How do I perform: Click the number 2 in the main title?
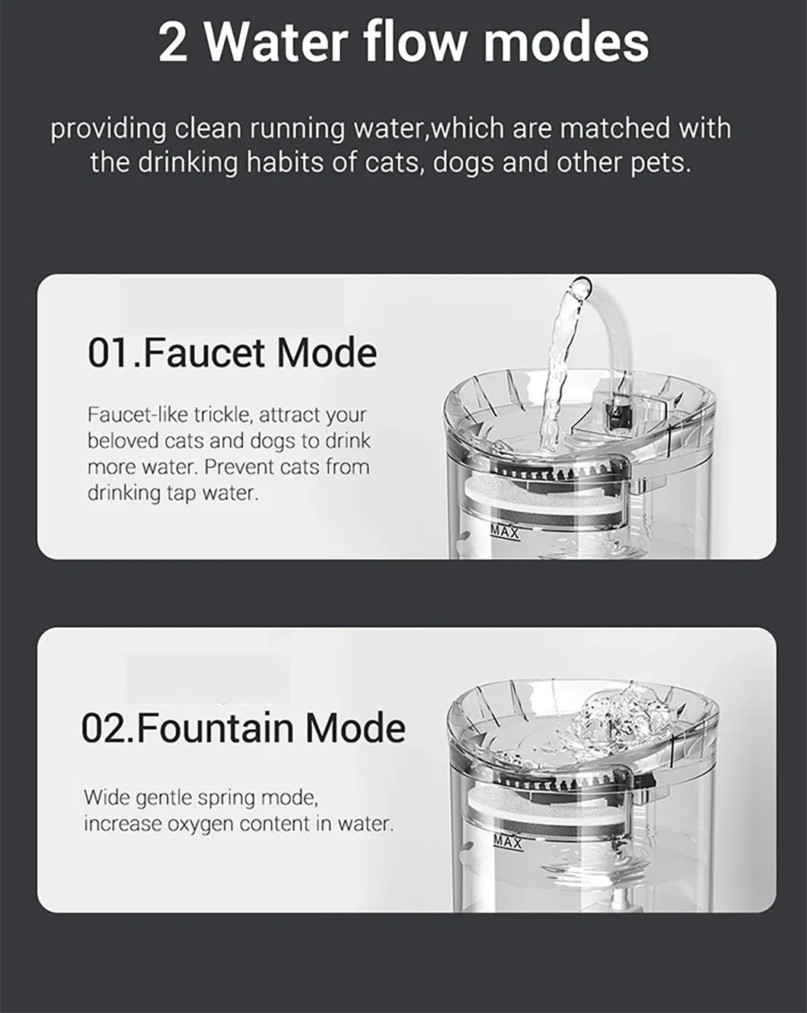coord(174,43)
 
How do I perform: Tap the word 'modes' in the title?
coord(566,43)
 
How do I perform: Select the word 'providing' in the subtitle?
coord(108,129)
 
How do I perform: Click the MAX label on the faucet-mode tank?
coord(504,533)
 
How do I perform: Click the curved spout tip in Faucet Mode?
coord(580,288)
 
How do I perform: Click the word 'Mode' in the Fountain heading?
coord(356,728)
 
